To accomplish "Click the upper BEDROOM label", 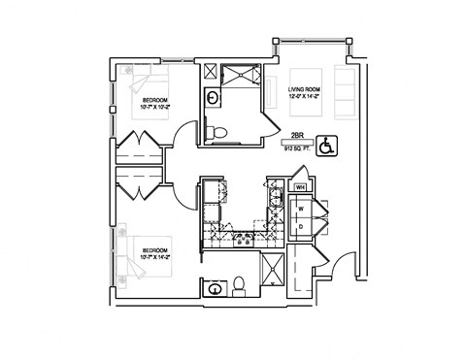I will [157, 100].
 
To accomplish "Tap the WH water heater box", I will [301, 186].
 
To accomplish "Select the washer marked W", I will [301, 208].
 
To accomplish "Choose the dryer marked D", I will [301, 226].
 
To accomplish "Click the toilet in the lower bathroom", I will [238, 285].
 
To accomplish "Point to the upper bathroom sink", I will [211, 96].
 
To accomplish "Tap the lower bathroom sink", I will [212, 287].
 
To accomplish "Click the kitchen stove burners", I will [238, 237].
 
